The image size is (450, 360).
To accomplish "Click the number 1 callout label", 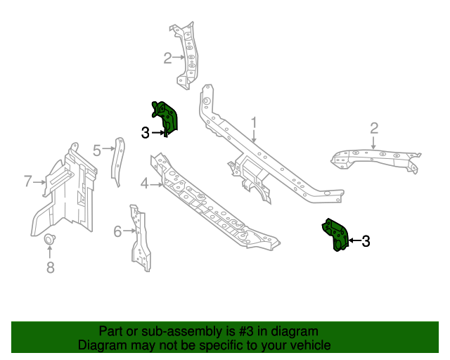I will tap(254, 124).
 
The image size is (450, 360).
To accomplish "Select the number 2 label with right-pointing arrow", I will tap(167, 58).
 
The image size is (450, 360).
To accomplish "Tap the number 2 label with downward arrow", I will tap(374, 127).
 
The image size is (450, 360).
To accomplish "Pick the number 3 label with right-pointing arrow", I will tap(146, 132).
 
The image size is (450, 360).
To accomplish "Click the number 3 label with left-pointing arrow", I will tap(366, 241).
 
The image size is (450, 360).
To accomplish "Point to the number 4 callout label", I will tap(144, 184).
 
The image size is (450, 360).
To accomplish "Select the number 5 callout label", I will tap(97, 148).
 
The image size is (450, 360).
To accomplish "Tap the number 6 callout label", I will tap(117, 230).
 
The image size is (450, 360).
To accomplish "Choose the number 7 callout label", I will tap(28, 181).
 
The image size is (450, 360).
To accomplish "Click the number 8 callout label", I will tap(50, 267).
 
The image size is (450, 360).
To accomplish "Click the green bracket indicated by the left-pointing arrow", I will tap(335, 234).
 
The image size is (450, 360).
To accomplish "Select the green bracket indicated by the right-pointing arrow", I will tap(167, 116).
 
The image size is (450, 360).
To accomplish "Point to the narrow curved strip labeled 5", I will tap(117, 162).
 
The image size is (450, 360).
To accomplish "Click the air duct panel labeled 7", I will tap(65, 193).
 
